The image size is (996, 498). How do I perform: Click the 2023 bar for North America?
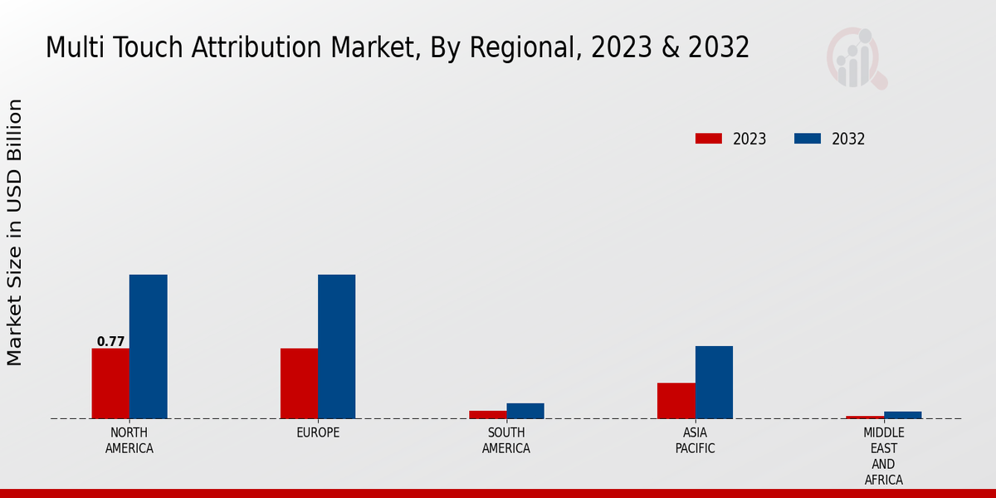(110, 383)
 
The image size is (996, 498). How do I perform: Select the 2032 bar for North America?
(148, 346)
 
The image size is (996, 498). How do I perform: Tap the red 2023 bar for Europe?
(299, 383)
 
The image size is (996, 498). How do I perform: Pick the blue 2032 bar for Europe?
(336, 346)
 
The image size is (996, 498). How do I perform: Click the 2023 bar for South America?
(487, 414)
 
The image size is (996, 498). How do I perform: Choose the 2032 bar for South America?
(525, 411)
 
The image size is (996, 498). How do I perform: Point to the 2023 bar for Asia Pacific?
(676, 400)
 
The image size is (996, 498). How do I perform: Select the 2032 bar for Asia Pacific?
(714, 382)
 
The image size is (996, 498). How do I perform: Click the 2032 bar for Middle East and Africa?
(902, 415)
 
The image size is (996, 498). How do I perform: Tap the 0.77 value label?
(110, 341)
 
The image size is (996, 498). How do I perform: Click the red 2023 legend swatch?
(709, 139)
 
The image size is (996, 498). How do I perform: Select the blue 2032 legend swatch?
(808, 139)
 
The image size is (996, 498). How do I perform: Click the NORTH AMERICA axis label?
(129, 441)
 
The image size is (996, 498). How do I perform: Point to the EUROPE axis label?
(318, 433)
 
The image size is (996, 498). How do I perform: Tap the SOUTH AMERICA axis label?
(506, 441)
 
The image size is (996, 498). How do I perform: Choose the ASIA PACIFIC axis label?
(695, 441)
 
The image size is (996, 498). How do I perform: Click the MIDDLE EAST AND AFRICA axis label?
(883, 456)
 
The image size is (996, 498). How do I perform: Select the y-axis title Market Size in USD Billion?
(15, 232)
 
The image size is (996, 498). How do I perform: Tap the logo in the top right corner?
(857, 58)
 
